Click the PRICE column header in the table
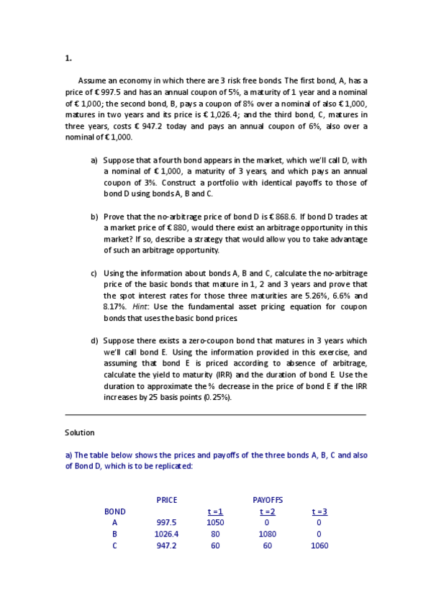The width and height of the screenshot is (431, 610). pyautogui.click(x=166, y=500)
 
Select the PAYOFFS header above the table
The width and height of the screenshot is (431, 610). pyautogui.click(x=267, y=500)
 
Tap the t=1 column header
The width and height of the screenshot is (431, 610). pyautogui.click(x=215, y=511)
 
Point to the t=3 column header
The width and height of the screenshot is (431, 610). pyautogui.click(x=319, y=511)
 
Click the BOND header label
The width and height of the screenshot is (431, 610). pyautogui.click(x=114, y=511)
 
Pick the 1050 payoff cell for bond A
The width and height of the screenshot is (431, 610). pyautogui.click(x=215, y=523)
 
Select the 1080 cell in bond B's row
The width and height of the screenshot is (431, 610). pyautogui.click(x=267, y=534)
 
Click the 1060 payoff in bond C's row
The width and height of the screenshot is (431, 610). pyautogui.click(x=319, y=546)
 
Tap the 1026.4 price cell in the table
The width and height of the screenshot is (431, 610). pyautogui.click(x=166, y=534)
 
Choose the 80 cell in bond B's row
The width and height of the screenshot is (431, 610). pyautogui.click(x=215, y=534)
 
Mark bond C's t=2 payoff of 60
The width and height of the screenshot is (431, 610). pyautogui.click(x=267, y=546)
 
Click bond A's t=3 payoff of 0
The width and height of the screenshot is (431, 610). pyautogui.click(x=319, y=523)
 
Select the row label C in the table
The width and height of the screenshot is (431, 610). pyautogui.click(x=114, y=546)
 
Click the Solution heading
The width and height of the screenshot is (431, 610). pyautogui.click(x=80, y=432)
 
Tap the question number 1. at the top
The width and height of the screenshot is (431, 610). pyautogui.click(x=68, y=58)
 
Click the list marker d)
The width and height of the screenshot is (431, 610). pyautogui.click(x=94, y=341)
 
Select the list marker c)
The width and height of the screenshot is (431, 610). pyautogui.click(x=94, y=273)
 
